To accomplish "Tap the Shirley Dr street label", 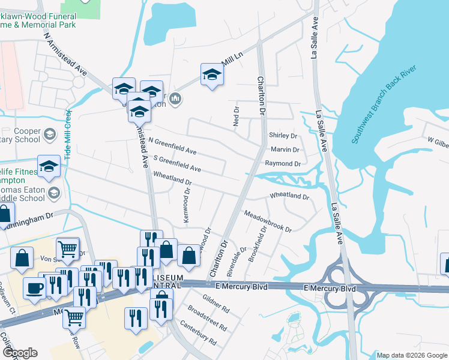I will pos(283,136).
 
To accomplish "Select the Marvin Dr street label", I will pos(285,149).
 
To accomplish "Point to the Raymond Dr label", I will pos(282,163).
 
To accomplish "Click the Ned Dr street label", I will pos(236,116).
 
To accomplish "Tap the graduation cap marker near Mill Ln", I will pos(211,75).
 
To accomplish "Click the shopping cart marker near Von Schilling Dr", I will pos(68,248).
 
